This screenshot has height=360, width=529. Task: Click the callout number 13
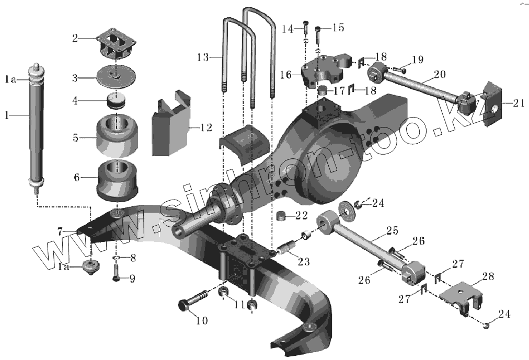click(204, 56)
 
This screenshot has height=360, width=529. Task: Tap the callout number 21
click(518, 103)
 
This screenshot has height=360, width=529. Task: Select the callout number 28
click(488, 276)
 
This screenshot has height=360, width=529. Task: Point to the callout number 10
click(202, 321)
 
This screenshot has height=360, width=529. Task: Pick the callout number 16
click(285, 75)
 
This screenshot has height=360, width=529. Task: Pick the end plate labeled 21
click(492, 107)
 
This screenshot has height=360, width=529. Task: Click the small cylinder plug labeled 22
click(283, 216)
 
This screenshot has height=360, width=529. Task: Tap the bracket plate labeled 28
click(462, 296)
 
